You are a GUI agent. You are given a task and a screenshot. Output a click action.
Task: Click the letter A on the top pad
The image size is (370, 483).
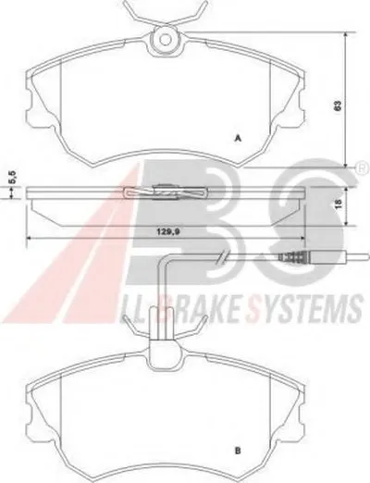pos(238,139)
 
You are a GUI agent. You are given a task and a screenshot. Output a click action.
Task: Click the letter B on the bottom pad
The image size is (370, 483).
pos(238,451)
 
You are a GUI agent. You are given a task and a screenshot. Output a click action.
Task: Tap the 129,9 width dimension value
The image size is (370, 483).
pos(166,232)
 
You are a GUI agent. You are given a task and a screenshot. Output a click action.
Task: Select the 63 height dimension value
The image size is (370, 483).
pos(339,105)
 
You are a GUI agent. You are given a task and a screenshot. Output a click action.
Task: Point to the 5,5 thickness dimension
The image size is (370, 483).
pos(14,177)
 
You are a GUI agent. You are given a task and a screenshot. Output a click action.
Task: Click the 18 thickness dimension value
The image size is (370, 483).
pos(339,203)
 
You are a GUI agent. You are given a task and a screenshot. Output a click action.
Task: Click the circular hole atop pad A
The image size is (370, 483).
pos(166,39)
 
